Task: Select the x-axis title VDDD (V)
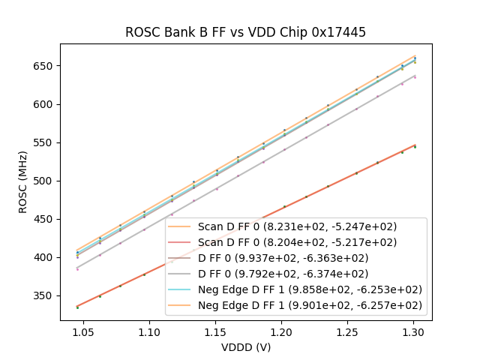pos(246,347)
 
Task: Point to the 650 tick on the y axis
pos(45,66)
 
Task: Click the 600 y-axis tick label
pos(45,104)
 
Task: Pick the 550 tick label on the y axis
pos(45,142)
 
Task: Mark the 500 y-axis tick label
pos(45,181)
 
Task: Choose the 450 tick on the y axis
pos(45,219)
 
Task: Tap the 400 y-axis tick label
pos(45,257)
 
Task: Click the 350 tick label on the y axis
pos(45,295)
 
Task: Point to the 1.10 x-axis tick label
pos(149,331)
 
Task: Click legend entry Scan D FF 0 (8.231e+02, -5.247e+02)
pos(297,226)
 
